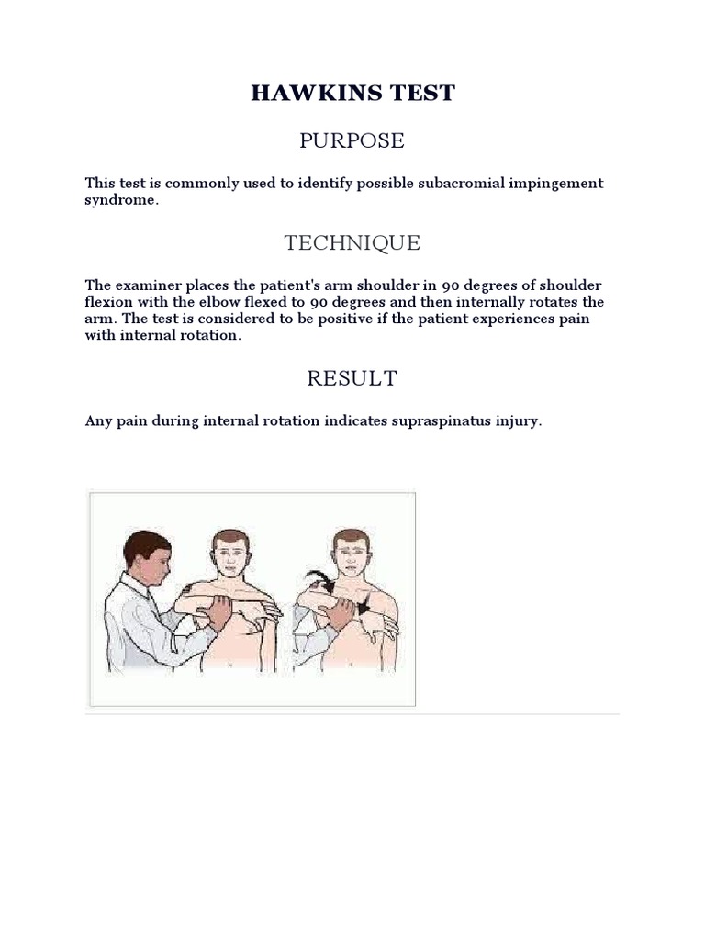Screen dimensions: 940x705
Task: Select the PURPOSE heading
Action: (352, 140)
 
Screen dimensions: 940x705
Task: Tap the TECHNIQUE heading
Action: (352, 243)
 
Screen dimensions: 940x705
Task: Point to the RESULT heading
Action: (352, 378)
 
